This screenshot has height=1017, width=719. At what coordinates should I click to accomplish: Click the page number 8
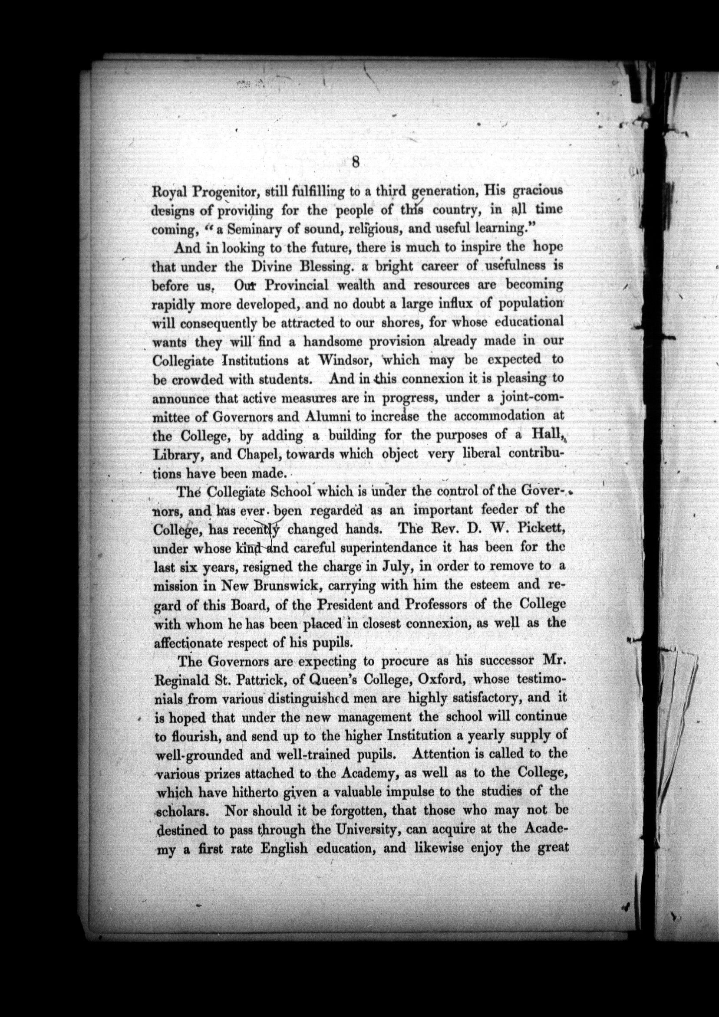(356, 162)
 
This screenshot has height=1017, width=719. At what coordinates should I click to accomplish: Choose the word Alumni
(327, 417)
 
